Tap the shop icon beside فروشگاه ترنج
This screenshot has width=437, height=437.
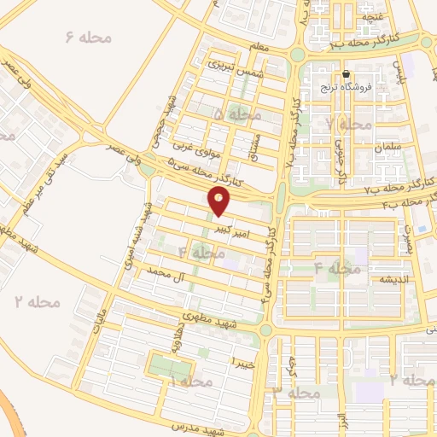click(347, 74)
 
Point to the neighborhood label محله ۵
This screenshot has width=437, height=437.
click(232, 114)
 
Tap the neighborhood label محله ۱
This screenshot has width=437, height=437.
click(189, 382)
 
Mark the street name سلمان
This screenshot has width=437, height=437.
click(386, 148)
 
